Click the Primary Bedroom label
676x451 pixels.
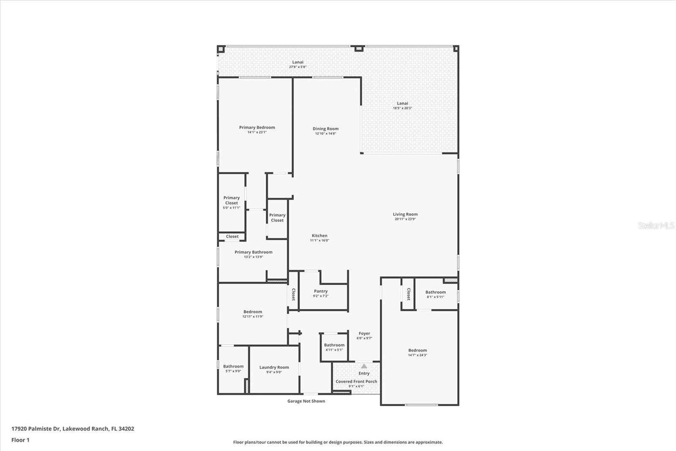[x=257, y=127]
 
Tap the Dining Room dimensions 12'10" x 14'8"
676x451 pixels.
[x=325, y=134]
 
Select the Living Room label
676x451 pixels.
[x=405, y=214]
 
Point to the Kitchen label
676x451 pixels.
[x=319, y=236]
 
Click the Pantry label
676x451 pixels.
[x=321, y=291]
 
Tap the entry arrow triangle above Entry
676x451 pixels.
[x=364, y=366]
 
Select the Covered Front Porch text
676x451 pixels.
[x=356, y=381]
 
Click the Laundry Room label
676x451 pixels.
[x=274, y=367]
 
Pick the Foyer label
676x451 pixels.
[x=364, y=333]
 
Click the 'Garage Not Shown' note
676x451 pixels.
[x=306, y=401]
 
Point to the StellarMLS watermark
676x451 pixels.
[x=656, y=225]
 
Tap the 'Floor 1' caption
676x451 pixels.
[x=20, y=440]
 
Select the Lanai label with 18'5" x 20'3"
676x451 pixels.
[x=402, y=103]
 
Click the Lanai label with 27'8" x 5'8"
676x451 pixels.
[x=298, y=62]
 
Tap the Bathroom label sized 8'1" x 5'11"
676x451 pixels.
[x=436, y=292]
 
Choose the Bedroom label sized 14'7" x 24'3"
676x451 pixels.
[x=417, y=350]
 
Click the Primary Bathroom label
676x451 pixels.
[x=253, y=252]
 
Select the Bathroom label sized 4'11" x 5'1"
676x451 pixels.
[x=334, y=345]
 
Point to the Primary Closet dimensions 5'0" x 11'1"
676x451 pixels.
[x=232, y=208]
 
